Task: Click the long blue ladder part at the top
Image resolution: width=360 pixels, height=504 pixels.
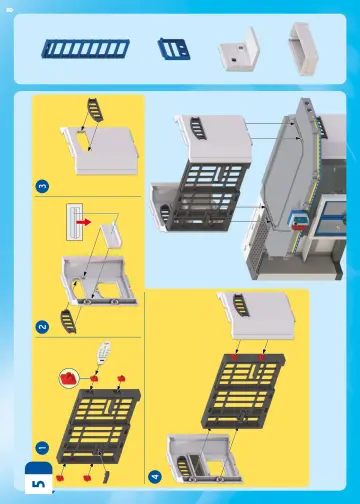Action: click(77, 47)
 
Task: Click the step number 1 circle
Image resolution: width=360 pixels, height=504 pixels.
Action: click(41, 447)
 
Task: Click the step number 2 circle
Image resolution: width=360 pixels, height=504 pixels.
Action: click(41, 326)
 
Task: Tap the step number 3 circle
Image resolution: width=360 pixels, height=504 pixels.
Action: click(41, 185)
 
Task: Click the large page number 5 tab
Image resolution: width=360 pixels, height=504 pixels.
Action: click(38, 482)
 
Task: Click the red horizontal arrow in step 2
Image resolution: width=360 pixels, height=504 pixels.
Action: click(91, 217)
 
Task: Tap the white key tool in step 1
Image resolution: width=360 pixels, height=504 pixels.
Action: click(103, 354)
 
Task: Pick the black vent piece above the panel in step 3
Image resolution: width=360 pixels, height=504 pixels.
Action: click(93, 107)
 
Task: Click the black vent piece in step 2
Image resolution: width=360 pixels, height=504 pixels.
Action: click(68, 321)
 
